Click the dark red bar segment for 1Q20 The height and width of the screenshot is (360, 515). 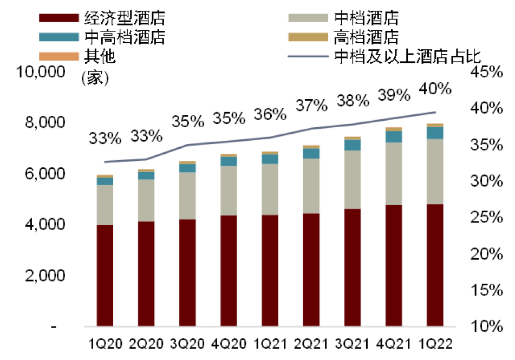pos(105,276)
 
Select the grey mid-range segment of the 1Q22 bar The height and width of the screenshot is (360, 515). pos(435,172)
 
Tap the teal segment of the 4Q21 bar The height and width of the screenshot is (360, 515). pos(394,136)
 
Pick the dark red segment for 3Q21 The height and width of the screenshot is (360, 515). pos(353,268)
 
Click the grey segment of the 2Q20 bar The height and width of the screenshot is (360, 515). pos(146,200)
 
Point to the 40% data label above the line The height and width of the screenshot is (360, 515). pos(435,88)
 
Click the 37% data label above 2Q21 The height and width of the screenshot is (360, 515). pos(311,106)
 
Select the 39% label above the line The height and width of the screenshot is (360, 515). pos(394,95)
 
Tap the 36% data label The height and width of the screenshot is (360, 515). pos(270,114)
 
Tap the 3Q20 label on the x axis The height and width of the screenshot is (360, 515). pos(187,344)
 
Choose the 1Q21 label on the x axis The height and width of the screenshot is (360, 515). pos(270,344)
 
